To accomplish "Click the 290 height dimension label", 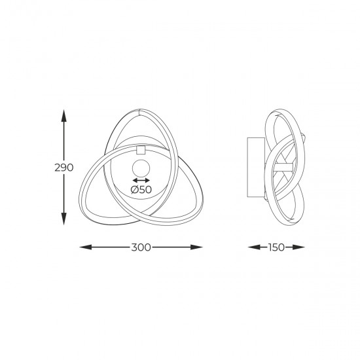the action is (64, 168).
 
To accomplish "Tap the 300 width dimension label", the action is (141, 247).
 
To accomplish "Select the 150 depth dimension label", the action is (276, 247).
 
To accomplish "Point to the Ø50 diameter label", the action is (141, 190).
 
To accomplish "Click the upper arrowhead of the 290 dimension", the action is (64, 115).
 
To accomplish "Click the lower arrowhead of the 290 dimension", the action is (64, 219).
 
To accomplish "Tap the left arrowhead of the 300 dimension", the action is (85, 247).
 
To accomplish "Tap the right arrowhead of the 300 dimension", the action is (196, 247).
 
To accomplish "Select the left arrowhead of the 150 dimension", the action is (254, 247).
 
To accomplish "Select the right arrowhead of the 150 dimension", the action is (298, 247).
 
